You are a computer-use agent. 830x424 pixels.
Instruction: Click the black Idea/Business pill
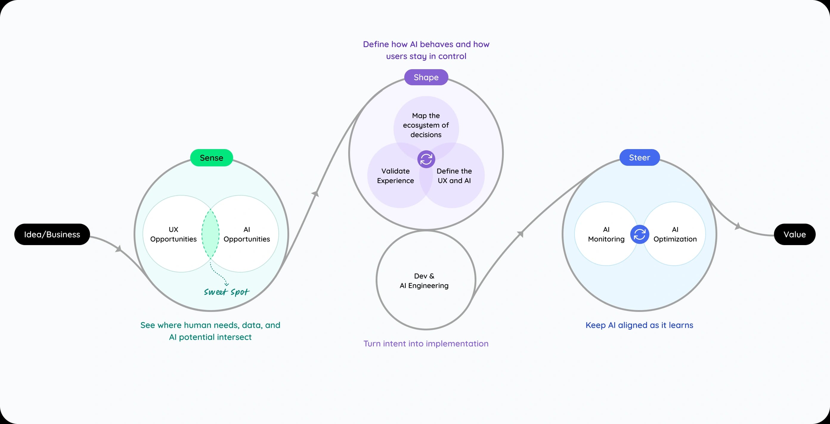[x=52, y=234]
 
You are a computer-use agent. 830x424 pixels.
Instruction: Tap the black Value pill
[x=794, y=234]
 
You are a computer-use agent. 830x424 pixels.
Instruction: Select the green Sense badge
[x=211, y=157]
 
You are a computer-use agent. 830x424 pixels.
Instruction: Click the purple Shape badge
[x=426, y=77]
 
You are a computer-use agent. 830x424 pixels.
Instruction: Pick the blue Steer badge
[x=639, y=157]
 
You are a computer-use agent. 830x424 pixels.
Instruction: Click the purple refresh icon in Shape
[x=426, y=159]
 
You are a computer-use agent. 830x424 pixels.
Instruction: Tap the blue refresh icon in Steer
[x=639, y=234]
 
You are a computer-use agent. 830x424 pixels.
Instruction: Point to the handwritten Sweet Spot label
[x=227, y=292]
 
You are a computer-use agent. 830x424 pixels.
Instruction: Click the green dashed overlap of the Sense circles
[x=210, y=234]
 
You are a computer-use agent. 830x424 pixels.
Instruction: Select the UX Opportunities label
[x=173, y=234]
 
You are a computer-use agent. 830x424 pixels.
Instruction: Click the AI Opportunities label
[x=247, y=234]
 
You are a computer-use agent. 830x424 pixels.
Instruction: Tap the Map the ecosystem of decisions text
[x=426, y=125]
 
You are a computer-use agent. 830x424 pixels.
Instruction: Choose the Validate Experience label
[x=395, y=176]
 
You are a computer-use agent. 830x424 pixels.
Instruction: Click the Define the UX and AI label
[x=454, y=176]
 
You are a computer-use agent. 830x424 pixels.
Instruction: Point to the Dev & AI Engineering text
[x=424, y=281]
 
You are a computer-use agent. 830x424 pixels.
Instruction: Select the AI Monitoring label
[x=606, y=234]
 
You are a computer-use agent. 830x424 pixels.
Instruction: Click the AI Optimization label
[x=675, y=234]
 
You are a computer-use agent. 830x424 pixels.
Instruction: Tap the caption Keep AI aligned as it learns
[x=639, y=325]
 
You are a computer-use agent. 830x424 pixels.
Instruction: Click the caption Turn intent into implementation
[x=426, y=343]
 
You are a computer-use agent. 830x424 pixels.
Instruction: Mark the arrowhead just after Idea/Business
[x=119, y=249]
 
